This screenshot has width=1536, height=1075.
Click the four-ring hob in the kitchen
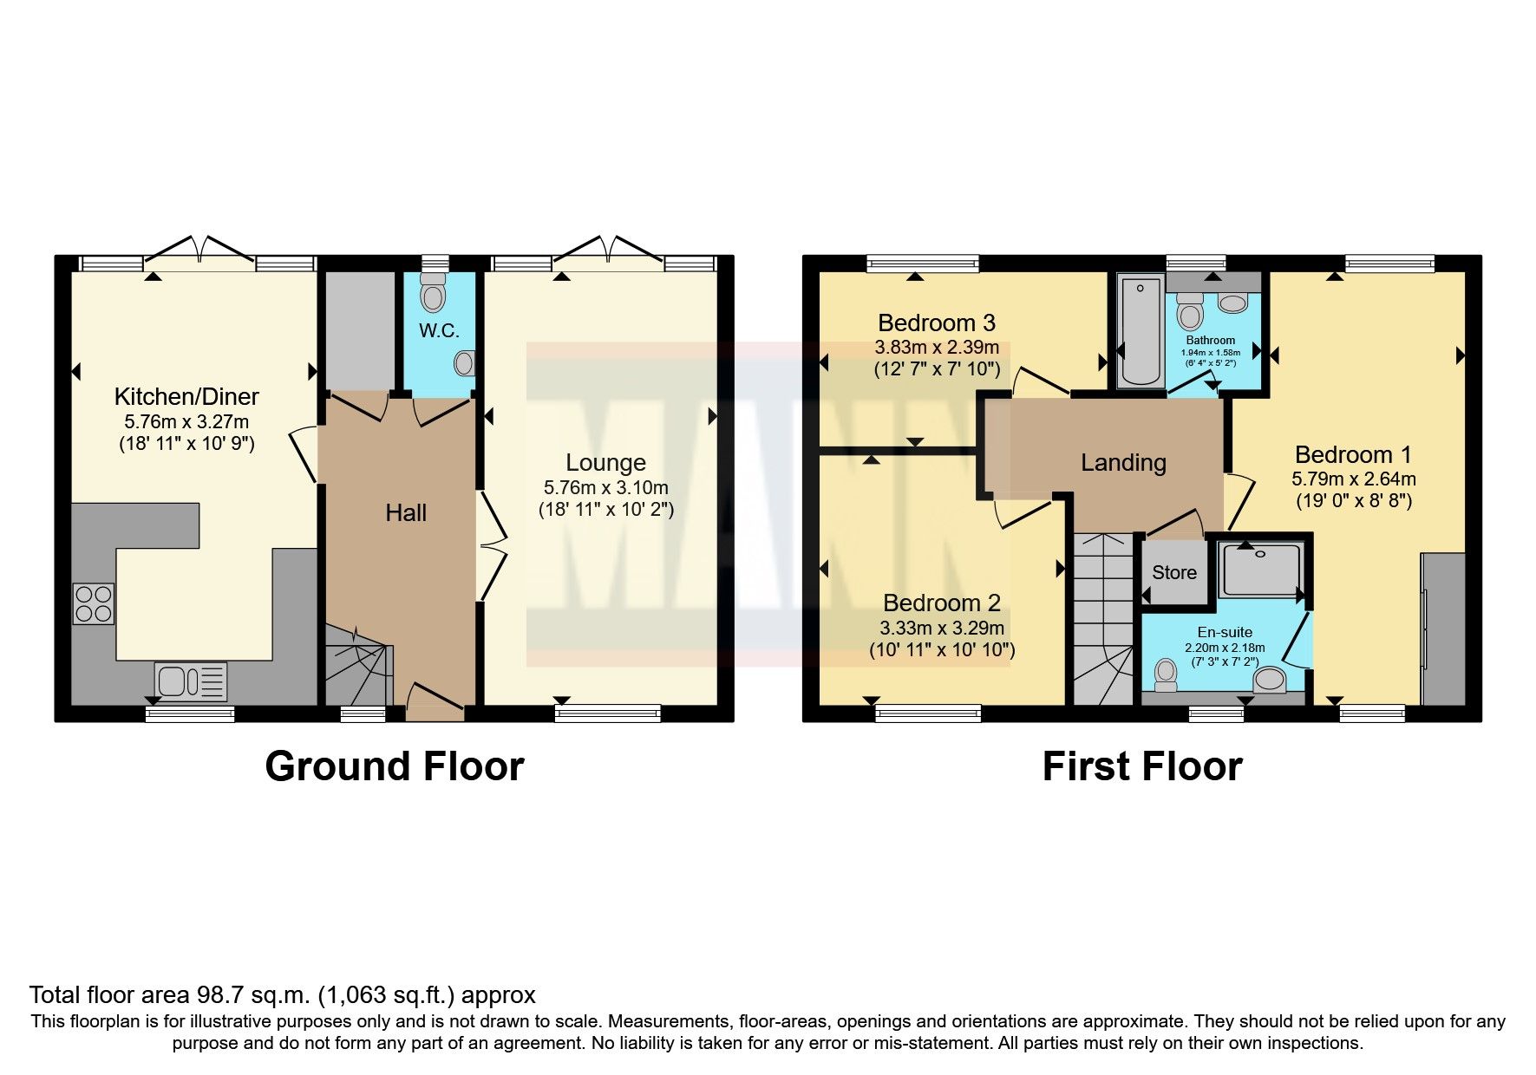[94, 603]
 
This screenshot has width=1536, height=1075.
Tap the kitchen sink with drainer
[191, 681]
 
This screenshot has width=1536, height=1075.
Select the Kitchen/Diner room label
[186, 397]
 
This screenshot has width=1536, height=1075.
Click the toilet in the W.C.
[431, 295]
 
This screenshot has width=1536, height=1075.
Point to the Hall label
[406, 513]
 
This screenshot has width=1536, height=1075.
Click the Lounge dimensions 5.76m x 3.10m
[605, 487]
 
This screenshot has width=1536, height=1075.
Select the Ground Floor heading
[394, 766]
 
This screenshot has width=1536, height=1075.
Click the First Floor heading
[1141, 766]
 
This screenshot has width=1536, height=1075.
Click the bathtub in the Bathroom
[1140, 330]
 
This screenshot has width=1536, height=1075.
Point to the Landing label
[1122, 463]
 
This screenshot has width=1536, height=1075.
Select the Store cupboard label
[1173, 572]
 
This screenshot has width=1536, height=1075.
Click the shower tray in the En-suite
[1260, 570]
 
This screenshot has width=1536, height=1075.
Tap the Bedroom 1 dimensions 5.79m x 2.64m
[1353, 479]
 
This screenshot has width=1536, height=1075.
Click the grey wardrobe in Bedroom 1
[1443, 629]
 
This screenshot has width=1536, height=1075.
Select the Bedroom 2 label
[941, 603]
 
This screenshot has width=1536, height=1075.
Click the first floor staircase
[1103, 620]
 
